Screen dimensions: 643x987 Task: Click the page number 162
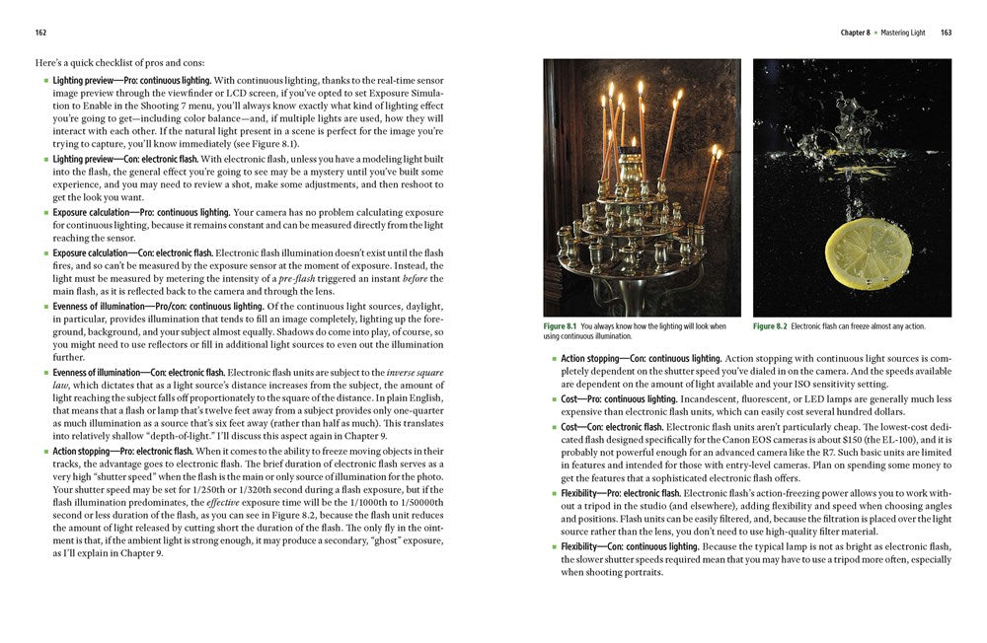40,33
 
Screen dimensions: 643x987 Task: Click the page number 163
946,33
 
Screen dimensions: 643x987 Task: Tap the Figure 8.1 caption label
560,326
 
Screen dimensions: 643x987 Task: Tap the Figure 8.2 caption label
769,326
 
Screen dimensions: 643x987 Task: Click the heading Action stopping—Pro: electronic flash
127,451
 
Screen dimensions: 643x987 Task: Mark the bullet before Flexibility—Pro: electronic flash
553,493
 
